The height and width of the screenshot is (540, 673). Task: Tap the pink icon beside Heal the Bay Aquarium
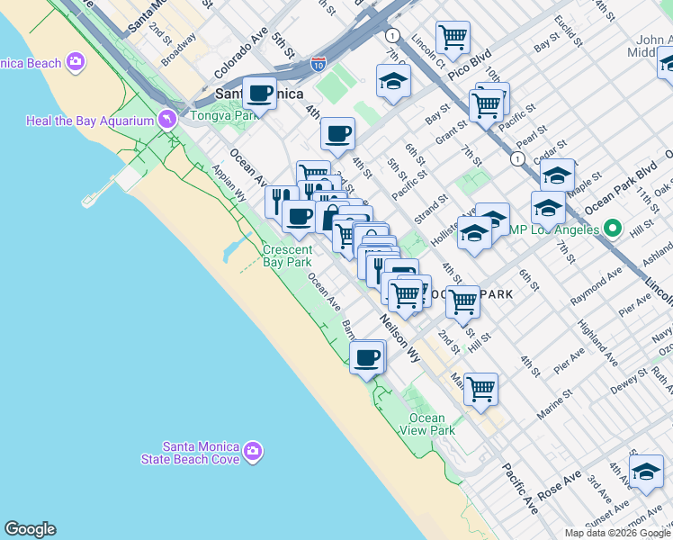pos(166,120)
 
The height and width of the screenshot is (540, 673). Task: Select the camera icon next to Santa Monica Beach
pos(76,62)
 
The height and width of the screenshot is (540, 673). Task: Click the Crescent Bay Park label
pos(287,256)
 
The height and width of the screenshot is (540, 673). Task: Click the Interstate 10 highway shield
pos(319,64)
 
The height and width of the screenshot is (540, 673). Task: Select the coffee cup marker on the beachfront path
pos(366,357)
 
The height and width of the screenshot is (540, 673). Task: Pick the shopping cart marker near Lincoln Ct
pos(453,38)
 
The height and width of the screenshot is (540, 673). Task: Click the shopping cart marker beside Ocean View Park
pos(481,389)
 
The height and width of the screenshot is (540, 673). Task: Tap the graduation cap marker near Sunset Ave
pos(645,472)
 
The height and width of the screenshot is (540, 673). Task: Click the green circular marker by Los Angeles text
pos(612,229)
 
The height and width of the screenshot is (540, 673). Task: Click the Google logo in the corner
pos(30,529)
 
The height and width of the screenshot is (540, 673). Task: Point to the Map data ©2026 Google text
pos(617,533)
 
